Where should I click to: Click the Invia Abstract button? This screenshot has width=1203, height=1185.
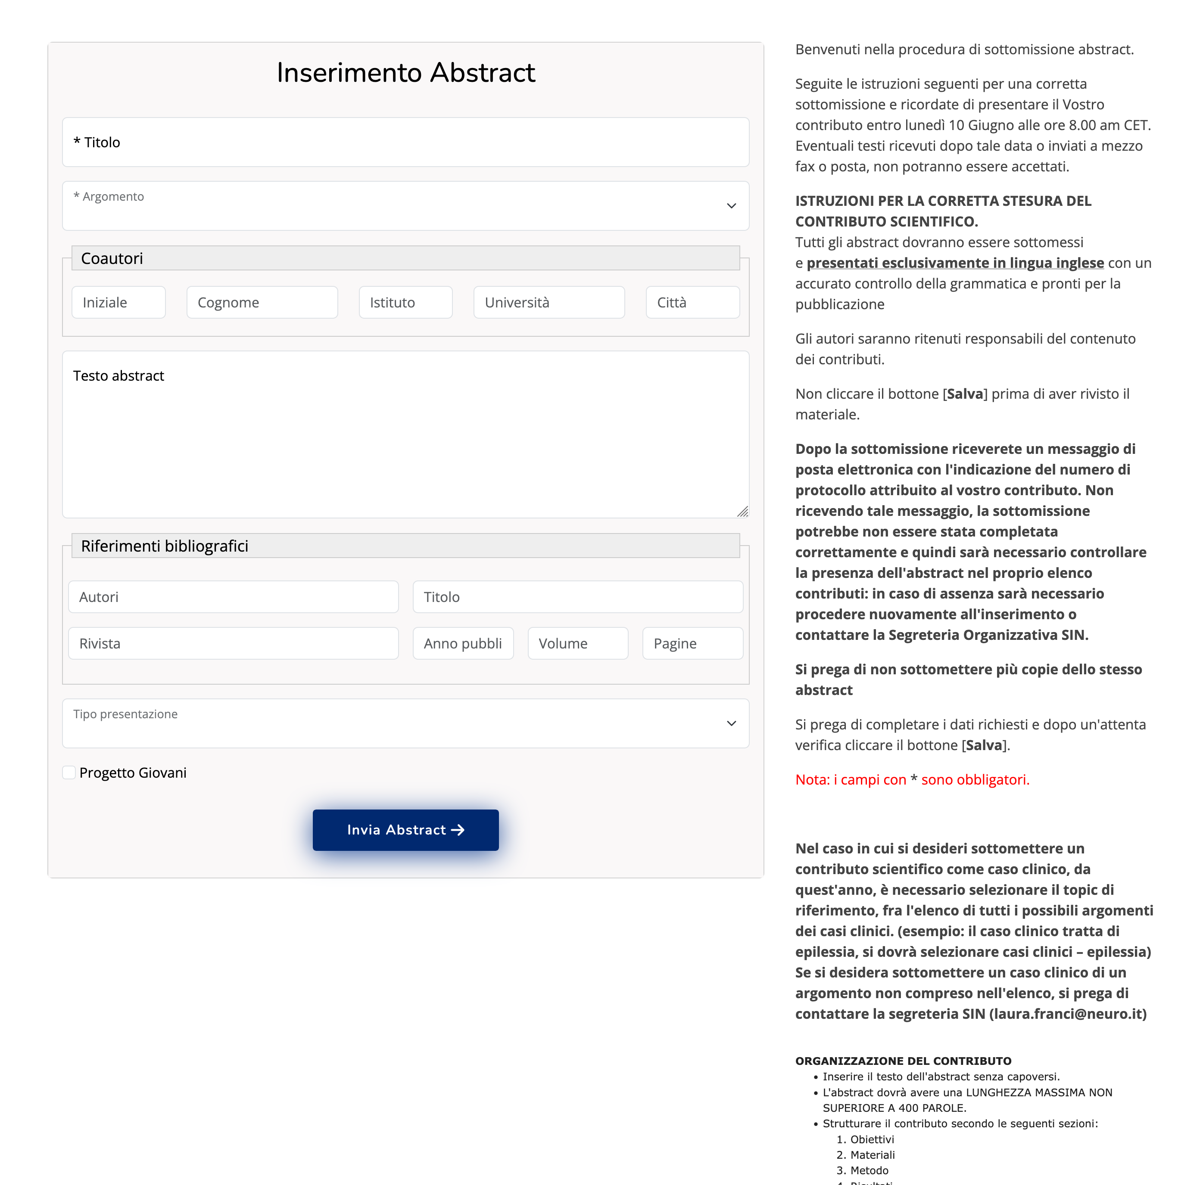[x=405, y=830]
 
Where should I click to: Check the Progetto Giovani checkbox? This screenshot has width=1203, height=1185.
[x=69, y=772]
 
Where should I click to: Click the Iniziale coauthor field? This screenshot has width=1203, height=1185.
[x=118, y=302]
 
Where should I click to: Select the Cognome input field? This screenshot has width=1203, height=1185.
[x=262, y=302]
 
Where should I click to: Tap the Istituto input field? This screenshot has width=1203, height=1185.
[x=405, y=302]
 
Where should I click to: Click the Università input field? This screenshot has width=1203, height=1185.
[x=549, y=302]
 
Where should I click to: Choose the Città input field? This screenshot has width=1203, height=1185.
[x=692, y=302]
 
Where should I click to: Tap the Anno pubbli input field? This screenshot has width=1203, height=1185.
[x=463, y=644]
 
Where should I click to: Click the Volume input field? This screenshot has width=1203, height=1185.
[x=577, y=644]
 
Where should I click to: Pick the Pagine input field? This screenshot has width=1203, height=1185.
[x=692, y=644]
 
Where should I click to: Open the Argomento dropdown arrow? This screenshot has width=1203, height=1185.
[x=731, y=206]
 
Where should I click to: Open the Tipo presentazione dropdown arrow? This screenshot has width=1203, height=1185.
[x=731, y=723]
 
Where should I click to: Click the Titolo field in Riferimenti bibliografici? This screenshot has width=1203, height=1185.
[x=577, y=597]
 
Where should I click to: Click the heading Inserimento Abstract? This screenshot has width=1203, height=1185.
[x=405, y=73]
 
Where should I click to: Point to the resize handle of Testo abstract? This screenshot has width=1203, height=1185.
[x=742, y=512]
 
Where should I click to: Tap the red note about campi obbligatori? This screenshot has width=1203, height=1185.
[x=912, y=780]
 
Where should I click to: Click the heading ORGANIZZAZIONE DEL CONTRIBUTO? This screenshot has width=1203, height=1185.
[x=903, y=1061]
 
